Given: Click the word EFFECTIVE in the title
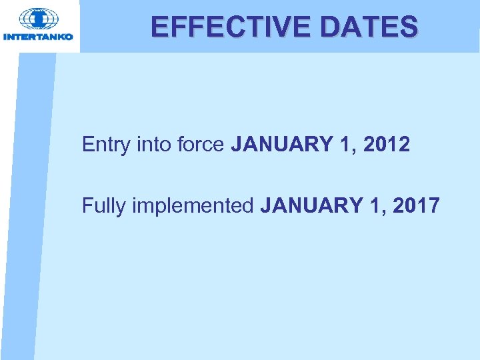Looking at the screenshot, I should (226, 27).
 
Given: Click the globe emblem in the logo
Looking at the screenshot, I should (39, 18).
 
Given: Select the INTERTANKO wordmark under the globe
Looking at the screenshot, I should (39, 37).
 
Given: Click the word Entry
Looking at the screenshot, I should (105, 145).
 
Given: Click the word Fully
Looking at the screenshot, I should (103, 206).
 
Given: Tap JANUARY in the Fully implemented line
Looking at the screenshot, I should (312, 205).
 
